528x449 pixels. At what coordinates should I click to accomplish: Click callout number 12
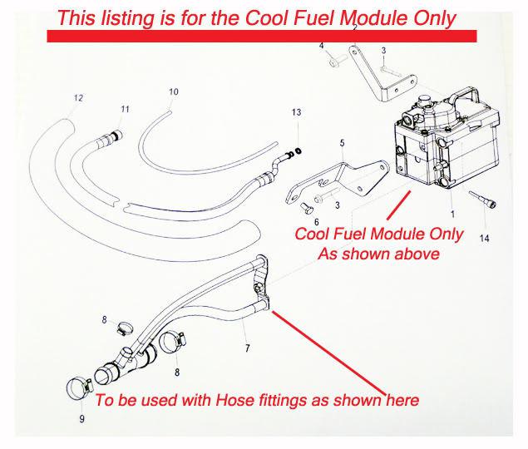coord(78,98)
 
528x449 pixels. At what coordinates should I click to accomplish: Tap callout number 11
coord(126,110)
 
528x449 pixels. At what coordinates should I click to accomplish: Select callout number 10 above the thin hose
coord(173,91)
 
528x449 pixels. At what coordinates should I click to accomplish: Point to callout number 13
coord(295,112)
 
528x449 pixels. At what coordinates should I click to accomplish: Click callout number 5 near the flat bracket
coord(341,144)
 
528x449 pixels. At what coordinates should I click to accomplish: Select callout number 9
coord(81,419)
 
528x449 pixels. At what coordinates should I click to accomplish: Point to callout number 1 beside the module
coord(451,202)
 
